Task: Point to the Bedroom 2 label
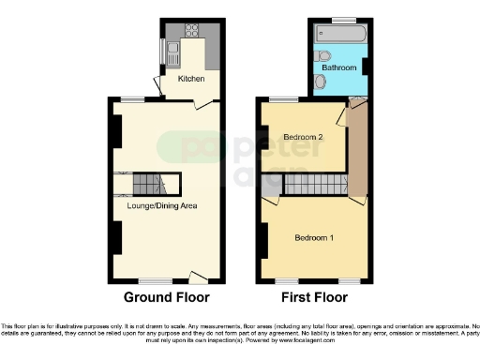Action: (x=303, y=137)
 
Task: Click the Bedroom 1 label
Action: (x=314, y=237)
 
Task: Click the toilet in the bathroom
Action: (x=321, y=83)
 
